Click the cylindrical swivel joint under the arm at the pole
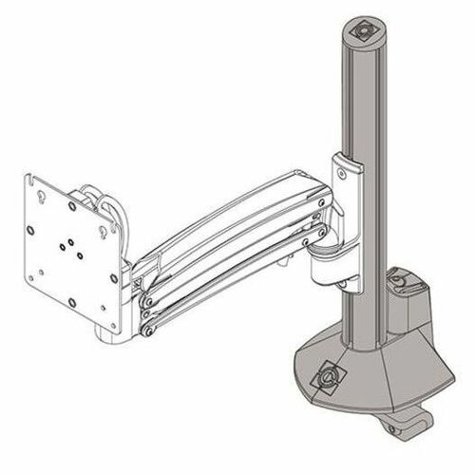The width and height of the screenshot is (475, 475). [328, 258]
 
